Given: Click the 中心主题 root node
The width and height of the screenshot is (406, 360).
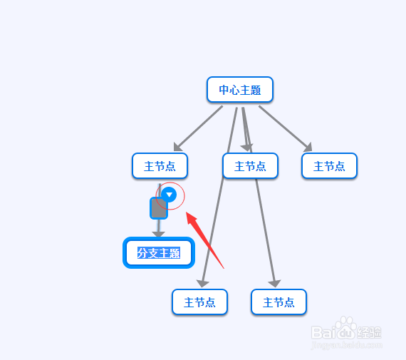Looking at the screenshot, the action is (x=240, y=90).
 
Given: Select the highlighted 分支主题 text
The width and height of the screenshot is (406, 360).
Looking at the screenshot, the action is (x=159, y=253).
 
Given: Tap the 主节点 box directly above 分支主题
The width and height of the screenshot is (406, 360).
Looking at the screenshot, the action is (x=160, y=166).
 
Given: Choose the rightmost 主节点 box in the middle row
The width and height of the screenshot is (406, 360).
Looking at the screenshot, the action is (x=329, y=166).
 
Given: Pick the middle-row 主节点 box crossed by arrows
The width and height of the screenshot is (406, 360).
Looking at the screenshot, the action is (x=251, y=166).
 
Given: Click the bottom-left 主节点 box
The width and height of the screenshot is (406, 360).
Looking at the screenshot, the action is (x=199, y=302).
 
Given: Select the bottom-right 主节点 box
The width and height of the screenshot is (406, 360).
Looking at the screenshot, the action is (x=279, y=302).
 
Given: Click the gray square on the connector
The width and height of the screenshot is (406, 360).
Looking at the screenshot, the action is (x=159, y=208).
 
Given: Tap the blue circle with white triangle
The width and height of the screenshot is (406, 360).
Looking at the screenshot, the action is (x=169, y=195).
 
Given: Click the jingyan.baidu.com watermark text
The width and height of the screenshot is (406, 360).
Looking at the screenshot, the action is (x=346, y=346).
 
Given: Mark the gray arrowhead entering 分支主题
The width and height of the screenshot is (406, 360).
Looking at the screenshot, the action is (x=158, y=234).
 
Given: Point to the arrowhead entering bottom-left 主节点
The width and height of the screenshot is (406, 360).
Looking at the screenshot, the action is (x=202, y=284).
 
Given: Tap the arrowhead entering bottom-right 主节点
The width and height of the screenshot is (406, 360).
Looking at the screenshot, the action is (x=275, y=284).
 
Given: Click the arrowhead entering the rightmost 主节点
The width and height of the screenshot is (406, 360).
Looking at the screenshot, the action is (x=308, y=148).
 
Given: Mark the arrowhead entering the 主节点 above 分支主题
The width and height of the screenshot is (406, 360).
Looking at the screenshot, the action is (x=177, y=147).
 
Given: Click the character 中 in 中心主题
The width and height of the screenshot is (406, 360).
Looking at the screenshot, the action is (x=224, y=90).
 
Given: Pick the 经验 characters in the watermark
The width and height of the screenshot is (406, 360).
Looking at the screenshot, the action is (x=369, y=332).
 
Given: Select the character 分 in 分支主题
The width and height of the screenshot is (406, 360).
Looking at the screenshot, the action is (x=142, y=253).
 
